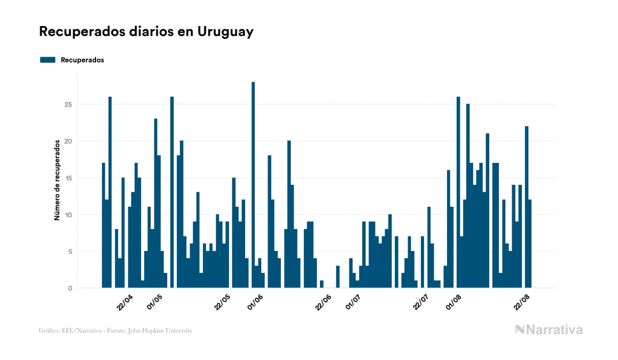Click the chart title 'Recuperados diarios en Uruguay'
[146, 32]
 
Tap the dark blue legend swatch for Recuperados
[48, 60]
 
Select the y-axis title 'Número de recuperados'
[57, 181]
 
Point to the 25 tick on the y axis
[68, 104]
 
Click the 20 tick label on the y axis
[68, 141]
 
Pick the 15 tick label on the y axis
[68, 178]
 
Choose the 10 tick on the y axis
[68, 215]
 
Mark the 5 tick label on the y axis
[70, 252]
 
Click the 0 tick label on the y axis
[70, 288]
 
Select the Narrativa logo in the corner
[548, 330]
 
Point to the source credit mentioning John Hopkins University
[115, 331]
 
